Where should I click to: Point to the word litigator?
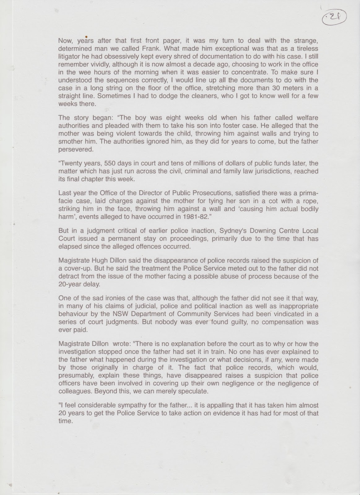coord(69,56)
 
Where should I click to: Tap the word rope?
coord(311,201)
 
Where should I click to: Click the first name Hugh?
coord(96,260)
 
